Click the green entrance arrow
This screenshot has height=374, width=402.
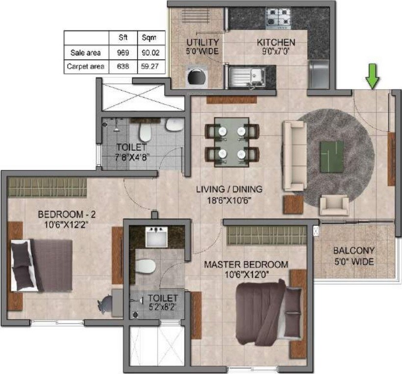373,77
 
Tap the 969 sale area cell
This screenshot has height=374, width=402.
123,52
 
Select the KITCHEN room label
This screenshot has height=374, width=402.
276,43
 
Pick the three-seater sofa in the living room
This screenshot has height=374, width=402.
294,156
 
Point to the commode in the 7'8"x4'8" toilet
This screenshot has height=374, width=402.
145,132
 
